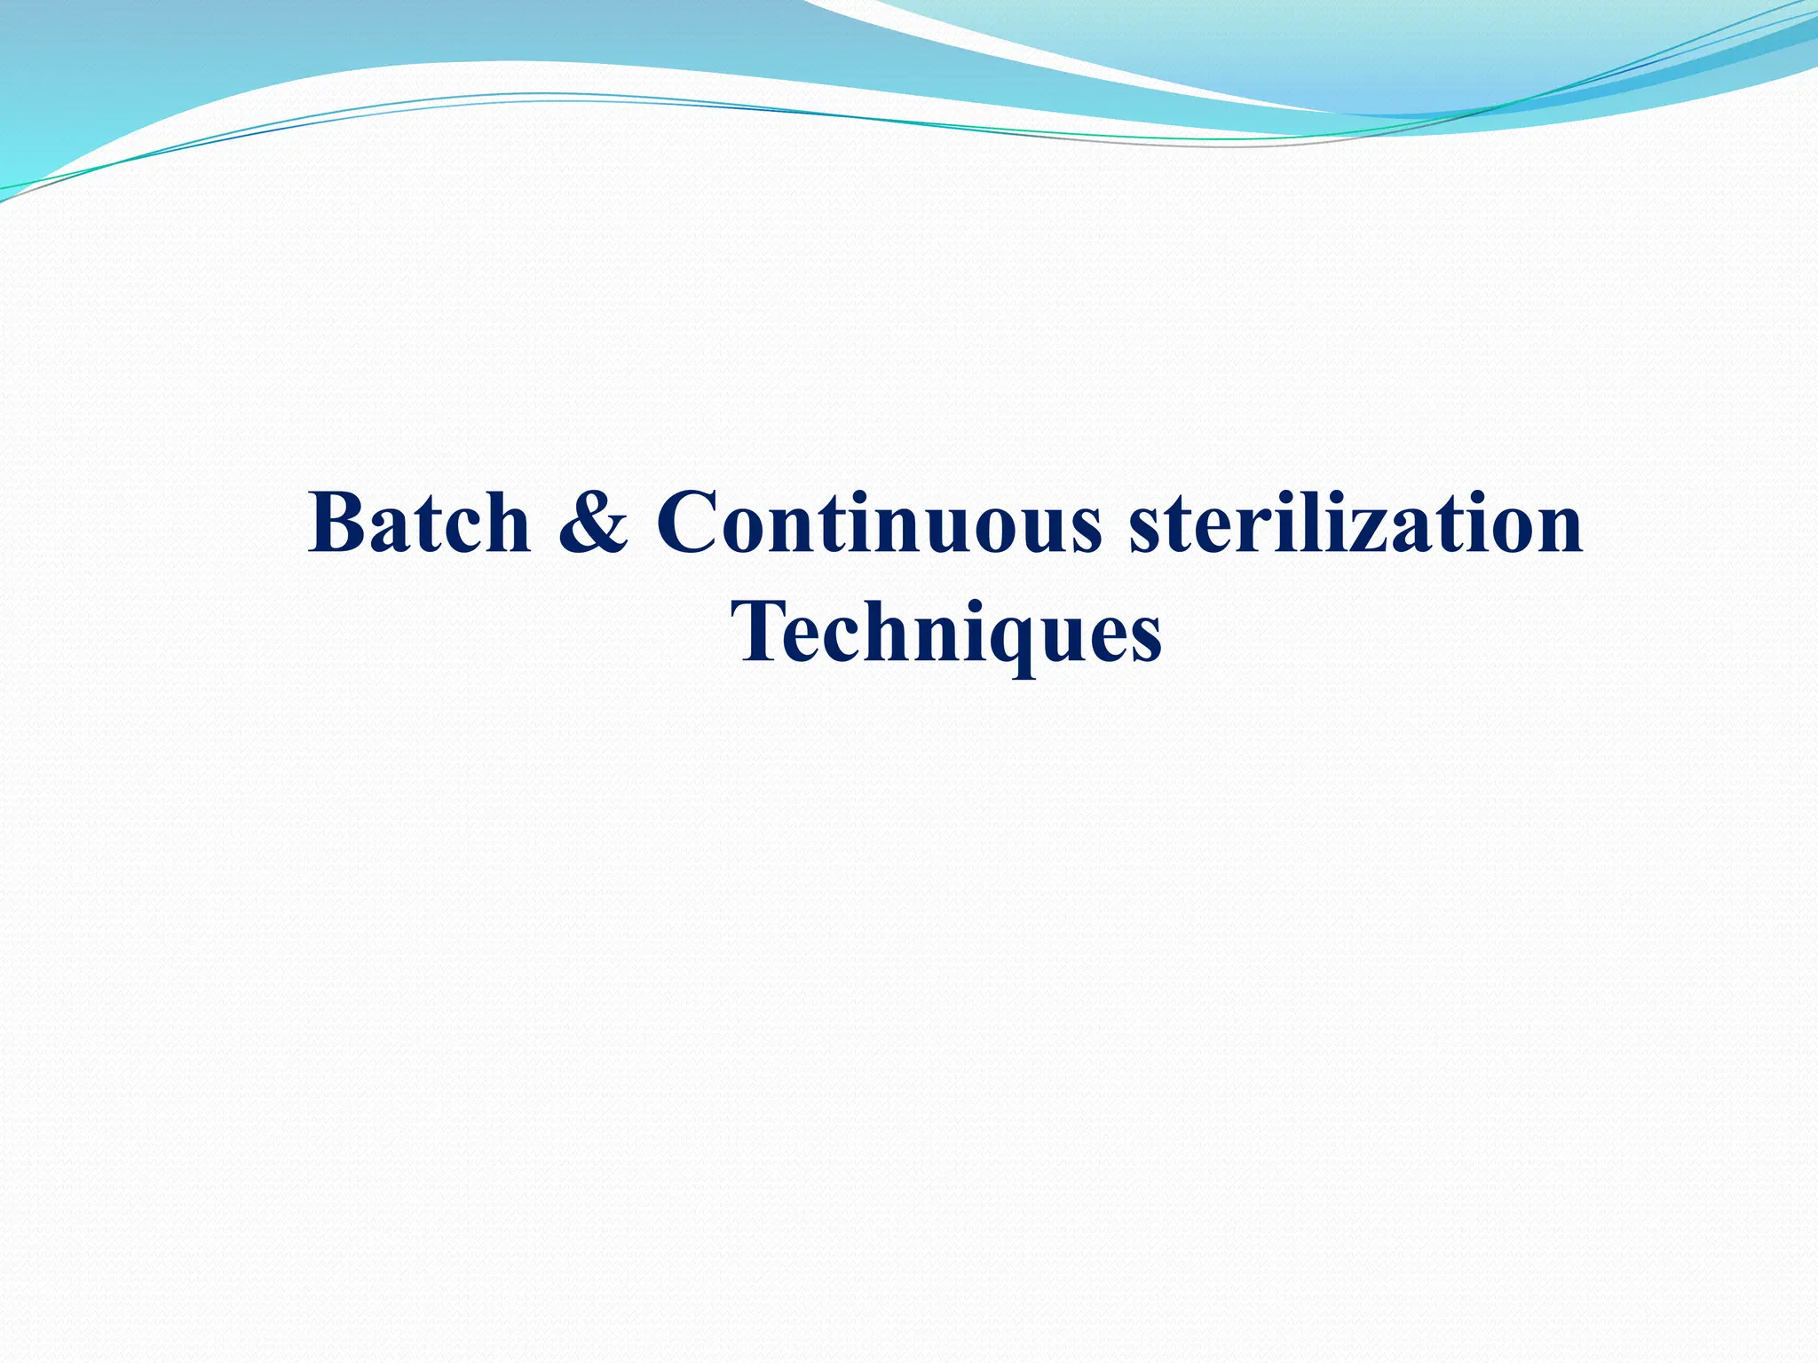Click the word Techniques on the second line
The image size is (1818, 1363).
coord(946,632)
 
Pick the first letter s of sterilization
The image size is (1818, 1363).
coord(1146,532)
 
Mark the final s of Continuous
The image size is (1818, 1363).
coord(1085,532)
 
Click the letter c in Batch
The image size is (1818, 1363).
coord(456,532)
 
